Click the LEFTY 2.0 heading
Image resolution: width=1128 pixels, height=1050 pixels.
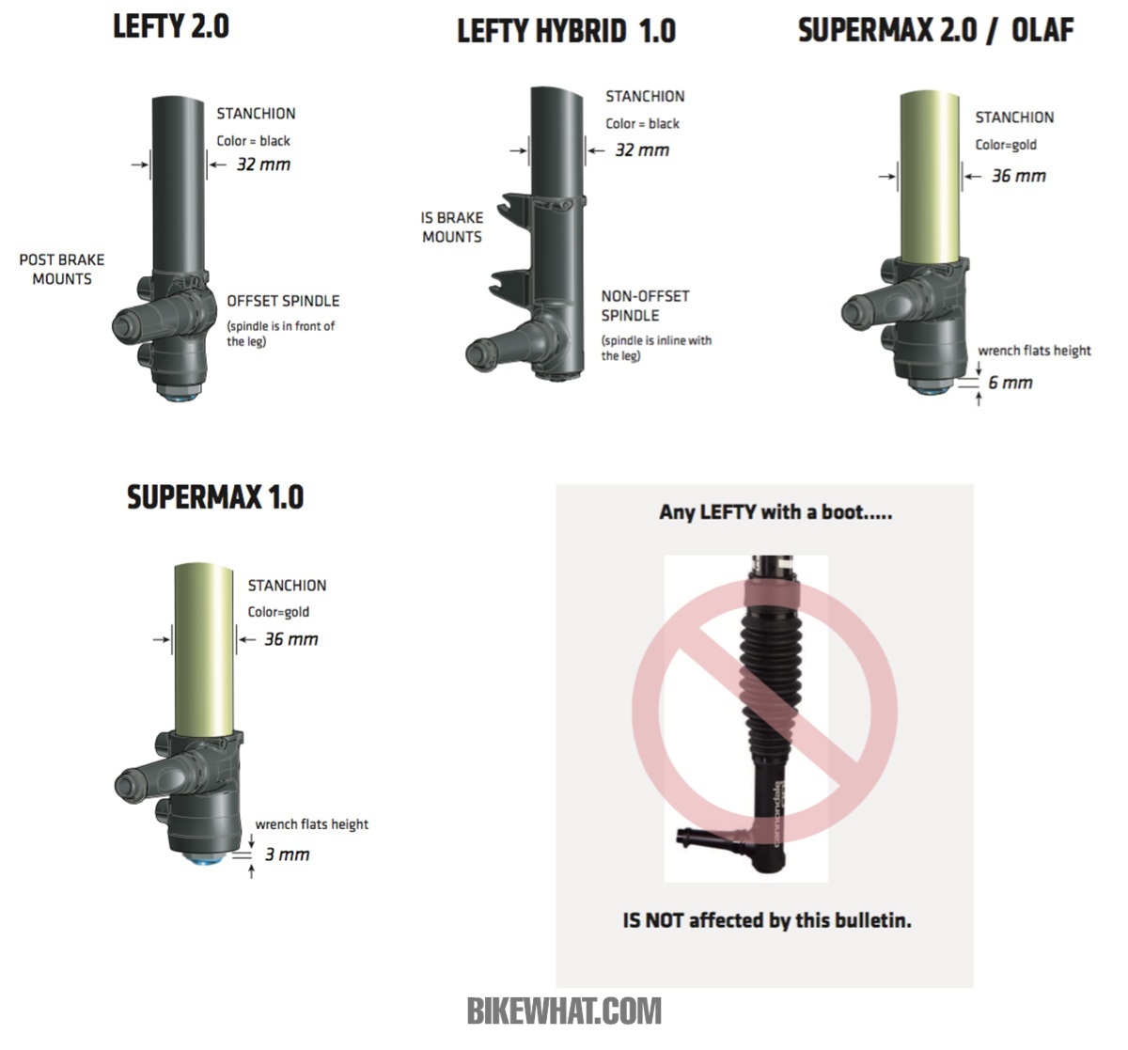[x=171, y=26]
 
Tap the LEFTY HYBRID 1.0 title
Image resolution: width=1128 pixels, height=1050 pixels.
[x=566, y=31]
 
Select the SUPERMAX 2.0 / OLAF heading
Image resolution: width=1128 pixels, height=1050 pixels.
[x=935, y=29]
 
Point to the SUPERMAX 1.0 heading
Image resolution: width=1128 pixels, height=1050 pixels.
[x=215, y=497]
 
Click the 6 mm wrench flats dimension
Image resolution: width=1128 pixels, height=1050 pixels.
[x=1010, y=383]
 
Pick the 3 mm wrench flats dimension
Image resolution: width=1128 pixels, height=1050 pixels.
[x=287, y=854]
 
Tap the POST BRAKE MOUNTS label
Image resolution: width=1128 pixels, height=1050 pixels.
[x=62, y=270]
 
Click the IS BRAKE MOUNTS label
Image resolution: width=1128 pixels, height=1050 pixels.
[x=452, y=227]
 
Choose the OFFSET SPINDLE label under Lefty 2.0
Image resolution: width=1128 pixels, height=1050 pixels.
[x=283, y=301]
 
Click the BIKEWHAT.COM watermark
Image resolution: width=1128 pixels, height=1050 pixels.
[x=564, y=1011]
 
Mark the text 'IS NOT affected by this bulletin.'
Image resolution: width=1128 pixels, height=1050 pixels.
[x=767, y=920]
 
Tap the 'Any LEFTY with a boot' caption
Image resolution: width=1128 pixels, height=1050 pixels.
[x=775, y=512]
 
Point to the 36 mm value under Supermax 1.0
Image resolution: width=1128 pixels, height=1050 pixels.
[x=290, y=639]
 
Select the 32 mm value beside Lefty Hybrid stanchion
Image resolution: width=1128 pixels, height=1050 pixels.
[x=642, y=150]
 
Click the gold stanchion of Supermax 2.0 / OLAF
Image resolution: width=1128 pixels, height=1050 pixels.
[x=930, y=176]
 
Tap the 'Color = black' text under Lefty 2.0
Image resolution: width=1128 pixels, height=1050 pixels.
[x=253, y=141]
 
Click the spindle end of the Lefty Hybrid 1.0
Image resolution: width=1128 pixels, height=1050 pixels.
[x=476, y=354]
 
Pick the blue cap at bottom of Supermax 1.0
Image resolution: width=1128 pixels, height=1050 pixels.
[x=205, y=860]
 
